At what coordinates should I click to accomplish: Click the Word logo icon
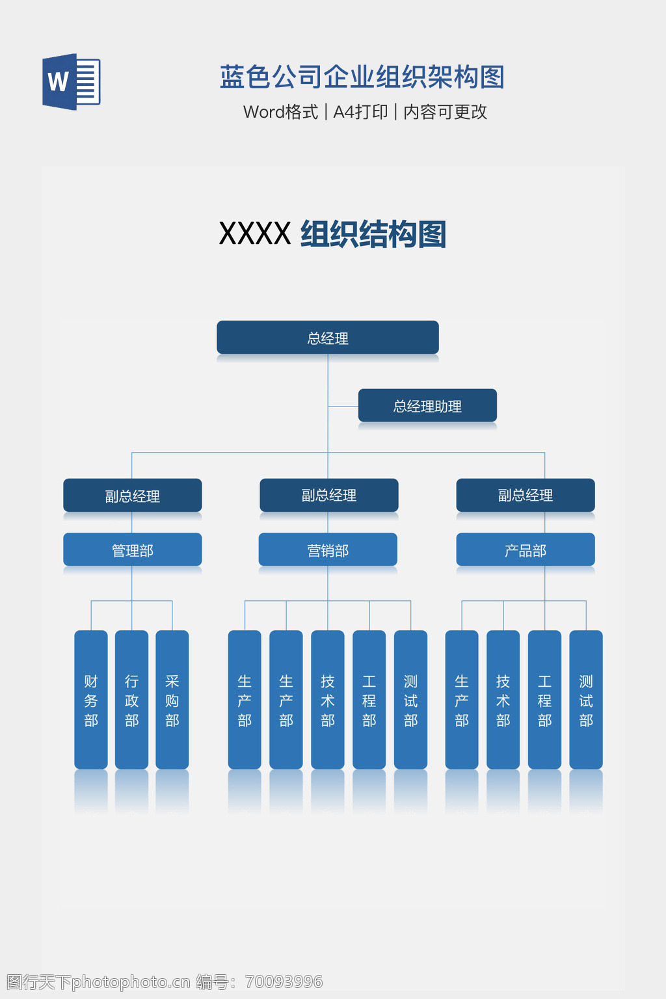[x=71, y=82]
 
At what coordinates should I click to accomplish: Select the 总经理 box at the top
[x=328, y=338]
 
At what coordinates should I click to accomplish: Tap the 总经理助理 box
[x=427, y=406]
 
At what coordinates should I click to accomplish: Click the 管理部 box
[x=133, y=550]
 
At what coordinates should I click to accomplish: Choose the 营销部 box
[x=328, y=550]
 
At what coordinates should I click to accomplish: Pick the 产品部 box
[x=526, y=550]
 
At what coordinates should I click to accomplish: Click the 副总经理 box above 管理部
[x=133, y=496]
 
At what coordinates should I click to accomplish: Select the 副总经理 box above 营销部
[x=329, y=495]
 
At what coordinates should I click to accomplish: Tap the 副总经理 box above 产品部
[x=526, y=495]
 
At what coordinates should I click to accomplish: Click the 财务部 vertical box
[x=91, y=700]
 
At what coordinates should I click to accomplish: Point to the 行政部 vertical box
[x=131, y=700]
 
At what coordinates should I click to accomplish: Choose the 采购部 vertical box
[x=172, y=700]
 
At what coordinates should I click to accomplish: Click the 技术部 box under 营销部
[x=328, y=700]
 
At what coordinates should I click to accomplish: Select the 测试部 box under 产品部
[x=586, y=700]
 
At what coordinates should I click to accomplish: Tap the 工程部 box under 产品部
[x=545, y=700]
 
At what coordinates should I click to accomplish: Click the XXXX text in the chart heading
[x=255, y=234]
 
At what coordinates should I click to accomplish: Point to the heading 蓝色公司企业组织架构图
[x=362, y=77]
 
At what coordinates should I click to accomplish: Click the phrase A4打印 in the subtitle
[x=360, y=112]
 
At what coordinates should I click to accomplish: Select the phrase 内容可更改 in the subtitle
[x=446, y=112]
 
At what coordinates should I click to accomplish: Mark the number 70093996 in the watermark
[x=284, y=981]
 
